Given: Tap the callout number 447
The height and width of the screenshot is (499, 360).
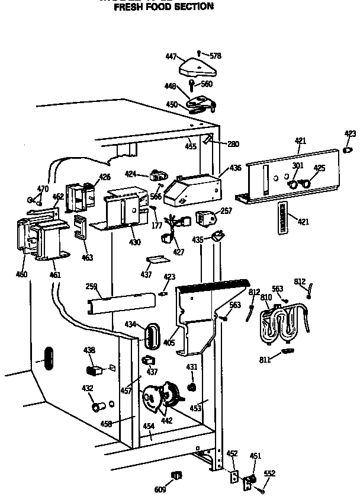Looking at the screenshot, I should click(171, 56).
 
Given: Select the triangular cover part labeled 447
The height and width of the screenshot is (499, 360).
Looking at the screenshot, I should click(195, 66).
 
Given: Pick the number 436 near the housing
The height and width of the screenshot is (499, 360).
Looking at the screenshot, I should click(235, 168).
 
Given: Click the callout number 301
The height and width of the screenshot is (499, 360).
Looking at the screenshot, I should click(297, 167).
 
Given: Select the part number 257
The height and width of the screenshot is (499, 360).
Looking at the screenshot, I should click(227, 211).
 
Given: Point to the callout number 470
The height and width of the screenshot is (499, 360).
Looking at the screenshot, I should click(42, 188).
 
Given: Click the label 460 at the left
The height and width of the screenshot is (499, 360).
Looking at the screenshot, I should click(21, 274).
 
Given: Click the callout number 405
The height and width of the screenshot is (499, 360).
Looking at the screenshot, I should click(169, 341).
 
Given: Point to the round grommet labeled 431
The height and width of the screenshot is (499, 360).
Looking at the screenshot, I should click(191, 388).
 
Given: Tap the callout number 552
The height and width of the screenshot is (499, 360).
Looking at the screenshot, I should click(269, 474).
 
